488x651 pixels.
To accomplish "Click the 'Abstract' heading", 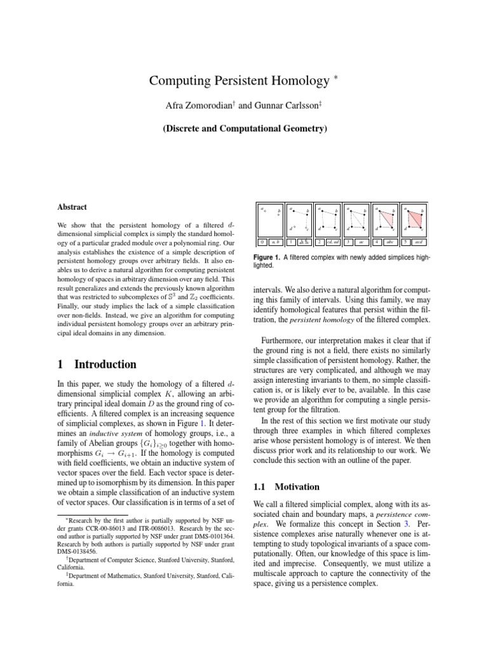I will [x=72, y=207].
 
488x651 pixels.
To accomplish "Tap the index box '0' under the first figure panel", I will [x=262, y=242].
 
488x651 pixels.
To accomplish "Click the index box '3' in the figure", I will [x=348, y=242].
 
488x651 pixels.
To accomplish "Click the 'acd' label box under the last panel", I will [x=419, y=242].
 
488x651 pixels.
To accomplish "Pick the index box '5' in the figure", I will [x=405, y=242].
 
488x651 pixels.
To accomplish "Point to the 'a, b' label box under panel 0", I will [x=275, y=242].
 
